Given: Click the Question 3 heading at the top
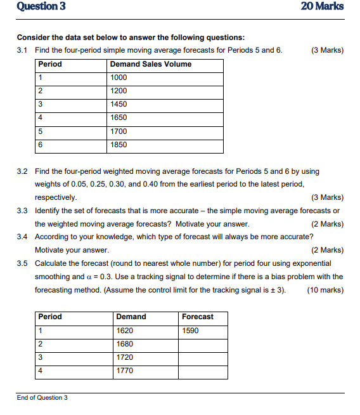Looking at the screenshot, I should [x=41, y=7].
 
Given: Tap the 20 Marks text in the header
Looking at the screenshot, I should [x=323, y=7].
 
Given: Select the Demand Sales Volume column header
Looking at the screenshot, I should [x=150, y=64].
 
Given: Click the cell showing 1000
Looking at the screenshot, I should [x=119, y=77].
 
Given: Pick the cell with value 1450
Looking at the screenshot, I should [x=119, y=104].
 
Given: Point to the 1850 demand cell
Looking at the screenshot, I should [x=119, y=145].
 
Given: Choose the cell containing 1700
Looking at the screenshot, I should [x=119, y=131].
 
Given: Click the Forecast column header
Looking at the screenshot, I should [x=197, y=317].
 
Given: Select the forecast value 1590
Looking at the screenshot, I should [x=190, y=331].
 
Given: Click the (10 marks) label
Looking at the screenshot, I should [x=325, y=290].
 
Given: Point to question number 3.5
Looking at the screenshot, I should [x=22, y=263].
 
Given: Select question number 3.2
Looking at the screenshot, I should [x=22, y=171].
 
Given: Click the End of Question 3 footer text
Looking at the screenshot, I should [x=42, y=398].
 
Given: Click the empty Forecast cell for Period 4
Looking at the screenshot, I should [x=202, y=371].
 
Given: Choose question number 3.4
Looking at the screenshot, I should [x=22, y=237].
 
